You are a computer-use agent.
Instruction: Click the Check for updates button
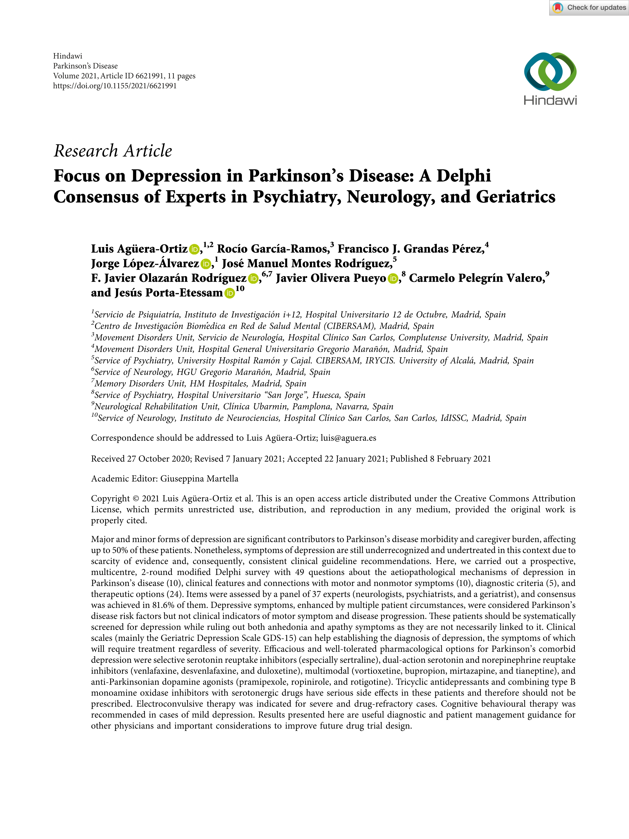pyautogui.click(x=589, y=8)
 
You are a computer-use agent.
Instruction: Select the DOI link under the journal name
pyautogui.click(x=115, y=86)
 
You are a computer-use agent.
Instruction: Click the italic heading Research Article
pyautogui.click(x=113, y=151)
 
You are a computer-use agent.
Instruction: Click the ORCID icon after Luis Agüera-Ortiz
pyautogui.click(x=194, y=249)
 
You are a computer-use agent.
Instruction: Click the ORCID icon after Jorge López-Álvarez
pyautogui.click(x=206, y=264)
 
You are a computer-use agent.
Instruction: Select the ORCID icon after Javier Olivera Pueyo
pyautogui.click(x=393, y=279)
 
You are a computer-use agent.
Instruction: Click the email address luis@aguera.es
pyautogui.click(x=348, y=438)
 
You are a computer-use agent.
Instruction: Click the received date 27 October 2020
pyautogui.click(x=159, y=459)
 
